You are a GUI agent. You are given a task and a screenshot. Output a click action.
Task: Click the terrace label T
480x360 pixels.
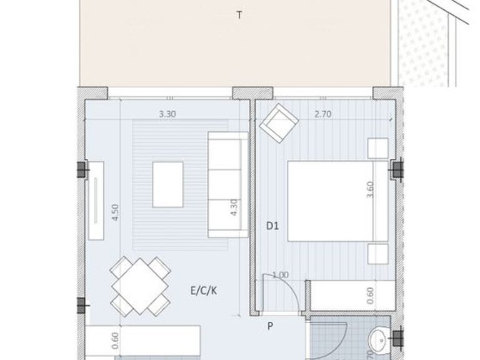(239, 16)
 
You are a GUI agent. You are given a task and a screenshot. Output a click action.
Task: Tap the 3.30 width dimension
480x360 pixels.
(166, 114)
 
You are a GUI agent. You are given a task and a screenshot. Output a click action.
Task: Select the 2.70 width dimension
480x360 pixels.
(322, 114)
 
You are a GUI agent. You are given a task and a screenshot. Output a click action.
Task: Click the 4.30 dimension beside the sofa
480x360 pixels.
(233, 207)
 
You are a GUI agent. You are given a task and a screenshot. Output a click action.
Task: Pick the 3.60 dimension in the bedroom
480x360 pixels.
(371, 189)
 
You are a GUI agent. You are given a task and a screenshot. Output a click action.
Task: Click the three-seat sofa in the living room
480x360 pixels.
(226, 184)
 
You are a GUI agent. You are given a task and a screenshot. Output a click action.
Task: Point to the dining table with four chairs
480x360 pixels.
(140, 286)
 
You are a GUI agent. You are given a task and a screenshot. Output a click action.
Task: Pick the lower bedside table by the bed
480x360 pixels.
(379, 254)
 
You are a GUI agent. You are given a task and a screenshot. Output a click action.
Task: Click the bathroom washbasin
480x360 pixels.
(377, 341)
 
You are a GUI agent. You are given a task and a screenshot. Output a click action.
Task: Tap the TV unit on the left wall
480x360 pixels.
(97, 200)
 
